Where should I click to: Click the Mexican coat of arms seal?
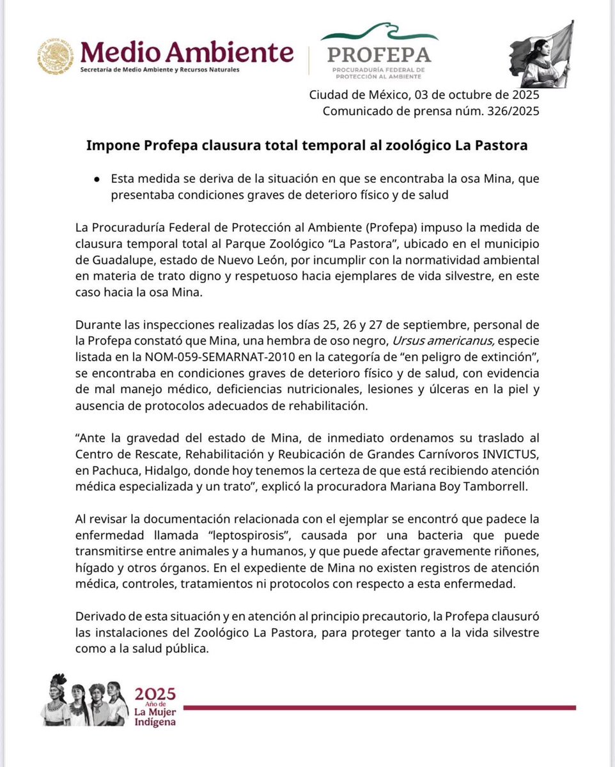pos(55,55)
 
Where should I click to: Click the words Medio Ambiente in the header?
pos(187,51)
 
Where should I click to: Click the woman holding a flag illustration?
pos(540,54)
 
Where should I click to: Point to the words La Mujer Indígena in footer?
pos(155,717)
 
